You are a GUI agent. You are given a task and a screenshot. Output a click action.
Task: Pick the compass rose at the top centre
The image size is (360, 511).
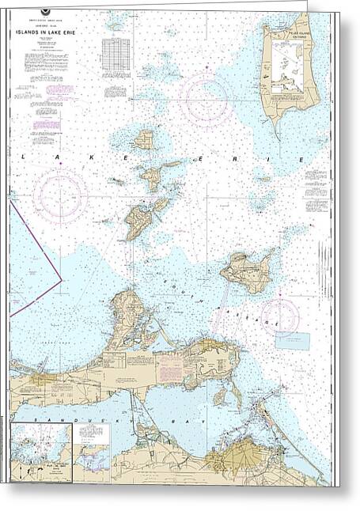[x=206, y=100]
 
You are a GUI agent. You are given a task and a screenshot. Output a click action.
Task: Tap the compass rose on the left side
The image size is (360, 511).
[x=60, y=196]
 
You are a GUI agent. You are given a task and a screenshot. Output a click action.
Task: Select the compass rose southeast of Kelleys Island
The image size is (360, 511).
[x=280, y=316]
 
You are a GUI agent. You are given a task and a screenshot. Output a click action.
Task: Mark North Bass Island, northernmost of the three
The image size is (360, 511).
[x=144, y=140]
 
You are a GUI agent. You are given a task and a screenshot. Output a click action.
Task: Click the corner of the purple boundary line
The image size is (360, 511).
[x=62, y=278]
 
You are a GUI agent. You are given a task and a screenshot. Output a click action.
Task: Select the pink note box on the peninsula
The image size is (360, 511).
[x=169, y=368]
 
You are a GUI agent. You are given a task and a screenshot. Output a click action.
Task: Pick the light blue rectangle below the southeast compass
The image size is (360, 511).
[x=297, y=340]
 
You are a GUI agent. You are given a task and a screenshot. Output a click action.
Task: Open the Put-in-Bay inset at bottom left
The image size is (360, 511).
[x=41, y=452]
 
